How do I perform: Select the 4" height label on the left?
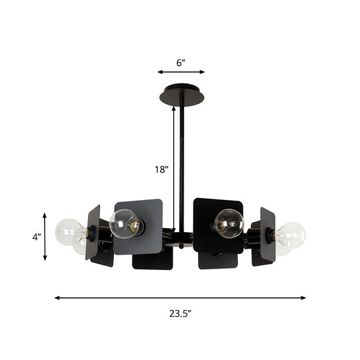(37, 237)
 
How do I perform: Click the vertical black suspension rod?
(181, 167)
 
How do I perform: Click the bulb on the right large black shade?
(229, 223)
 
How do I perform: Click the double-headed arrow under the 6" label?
(181, 72)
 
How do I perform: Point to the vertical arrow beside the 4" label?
(45, 237)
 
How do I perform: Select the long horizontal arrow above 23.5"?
(180, 298)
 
